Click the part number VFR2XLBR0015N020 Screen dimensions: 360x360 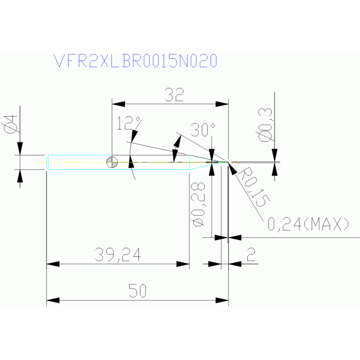pyautogui.click(x=135, y=61)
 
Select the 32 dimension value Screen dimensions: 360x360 pyautogui.click(x=174, y=95)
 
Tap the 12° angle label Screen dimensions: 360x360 pyautogui.click(x=129, y=123)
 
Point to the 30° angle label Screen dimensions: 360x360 pyautogui.click(x=203, y=130)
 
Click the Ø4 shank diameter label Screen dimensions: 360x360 pyautogui.click(x=11, y=124)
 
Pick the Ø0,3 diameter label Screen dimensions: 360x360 pyautogui.click(x=265, y=125)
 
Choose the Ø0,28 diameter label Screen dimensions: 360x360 pyautogui.click(x=199, y=204)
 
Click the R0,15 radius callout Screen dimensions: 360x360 pyautogui.click(x=254, y=187)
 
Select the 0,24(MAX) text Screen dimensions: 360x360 pyautogui.click(x=308, y=224)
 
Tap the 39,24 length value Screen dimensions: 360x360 pyautogui.click(x=118, y=254)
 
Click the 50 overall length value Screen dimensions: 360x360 pyautogui.click(x=138, y=291)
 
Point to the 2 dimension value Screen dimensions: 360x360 pyautogui.click(x=251, y=254)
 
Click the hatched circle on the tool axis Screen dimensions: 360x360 pyautogui.click(x=112, y=162)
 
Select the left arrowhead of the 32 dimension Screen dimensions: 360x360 pyautogui.click(x=118, y=104)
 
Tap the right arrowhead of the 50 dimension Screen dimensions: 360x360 pyautogui.click(x=222, y=300)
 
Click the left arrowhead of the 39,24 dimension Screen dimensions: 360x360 pyautogui.click(x=53, y=264)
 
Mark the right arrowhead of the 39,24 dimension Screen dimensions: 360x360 pyautogui.click(x=183, y=264)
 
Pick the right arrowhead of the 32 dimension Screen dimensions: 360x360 pyautogui.click(x=222, y=104)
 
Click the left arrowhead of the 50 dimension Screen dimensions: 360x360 pyautogui.click(x=53, y=300)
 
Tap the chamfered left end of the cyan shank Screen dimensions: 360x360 pyautogui.click(x=48, y=162)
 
